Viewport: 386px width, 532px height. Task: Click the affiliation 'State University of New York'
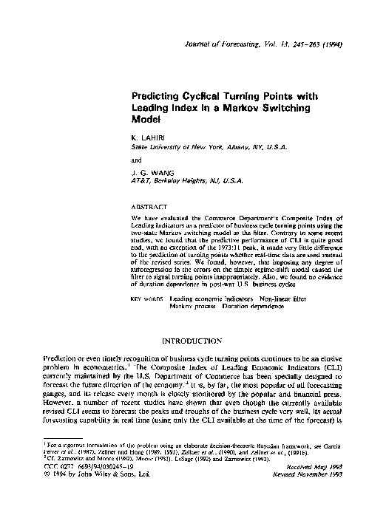[x=170, y=147]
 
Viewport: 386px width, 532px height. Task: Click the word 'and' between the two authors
[x=135, y=159]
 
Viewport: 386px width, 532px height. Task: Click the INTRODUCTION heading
[x=192, y=341]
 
